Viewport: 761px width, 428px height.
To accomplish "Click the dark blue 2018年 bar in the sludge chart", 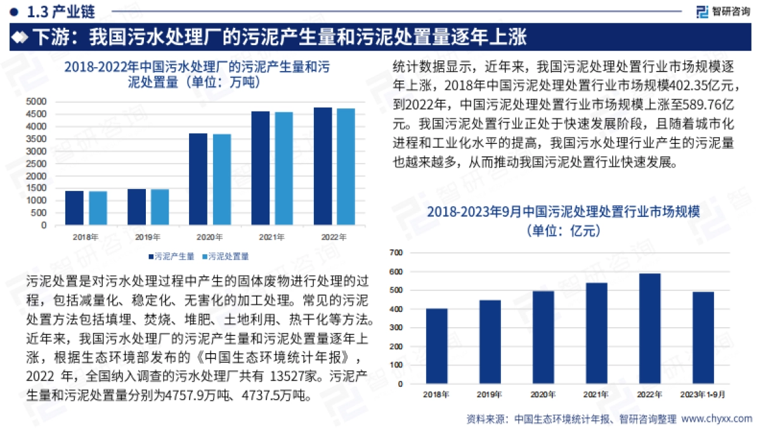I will coord(74,208).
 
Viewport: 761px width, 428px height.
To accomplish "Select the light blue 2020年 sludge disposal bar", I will coord(222,179).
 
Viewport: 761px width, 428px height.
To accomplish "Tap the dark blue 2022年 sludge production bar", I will coord(323,166).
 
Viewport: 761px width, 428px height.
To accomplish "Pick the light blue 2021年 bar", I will coord(284,169).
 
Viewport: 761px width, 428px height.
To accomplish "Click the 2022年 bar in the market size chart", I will coord(650,328).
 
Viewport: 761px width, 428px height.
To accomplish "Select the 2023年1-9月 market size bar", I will coord(703,337).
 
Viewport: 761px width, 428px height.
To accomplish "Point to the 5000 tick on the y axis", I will coord(38,101).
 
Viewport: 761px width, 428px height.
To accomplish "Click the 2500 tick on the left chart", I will coord(38,164).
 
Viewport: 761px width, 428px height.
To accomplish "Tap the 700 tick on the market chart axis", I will coord(395,253).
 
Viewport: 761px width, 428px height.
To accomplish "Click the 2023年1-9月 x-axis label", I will coord(703,394).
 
